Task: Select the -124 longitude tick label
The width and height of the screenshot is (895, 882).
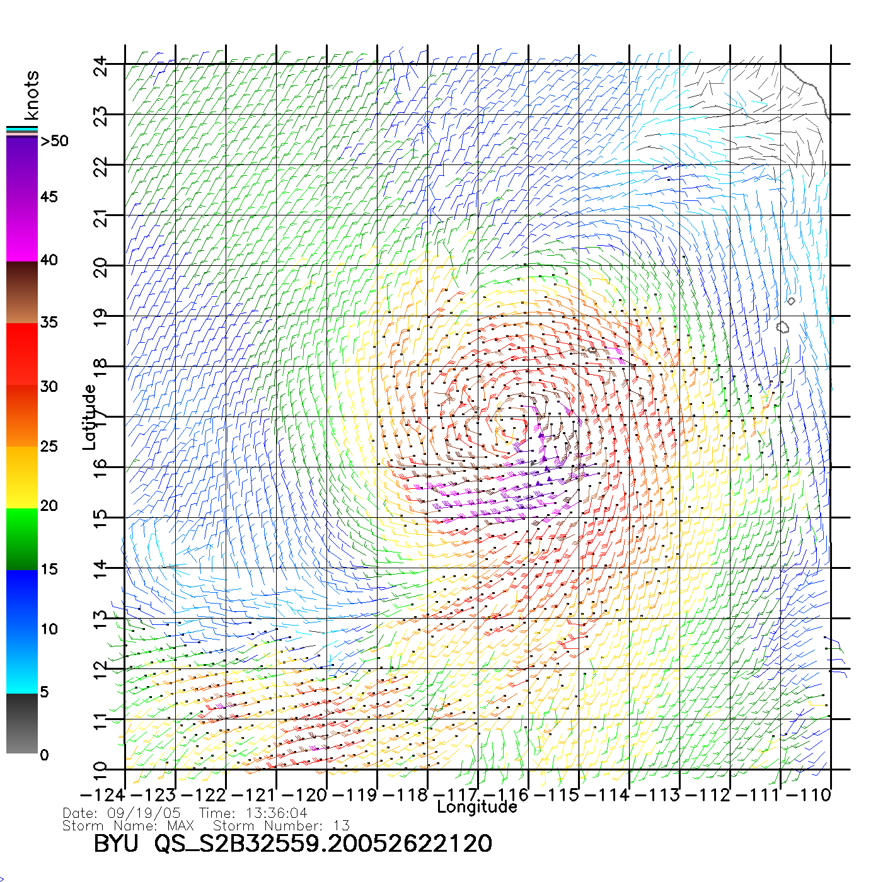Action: (103, 795)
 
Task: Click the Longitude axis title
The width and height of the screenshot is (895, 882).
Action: (477, 807)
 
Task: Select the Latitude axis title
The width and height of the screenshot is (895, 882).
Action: (89, 417)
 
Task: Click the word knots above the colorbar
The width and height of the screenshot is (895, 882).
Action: (32, 96)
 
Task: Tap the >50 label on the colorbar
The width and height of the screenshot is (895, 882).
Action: (55, 141)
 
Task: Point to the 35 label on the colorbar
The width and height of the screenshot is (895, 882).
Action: (49, 323)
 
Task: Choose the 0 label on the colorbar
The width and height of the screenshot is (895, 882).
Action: (44, 755)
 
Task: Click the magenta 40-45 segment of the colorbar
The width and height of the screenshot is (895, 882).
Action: (22, 230)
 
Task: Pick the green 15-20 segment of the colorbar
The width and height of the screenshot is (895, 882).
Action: (22, 539)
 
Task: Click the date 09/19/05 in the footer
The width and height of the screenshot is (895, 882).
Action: (144, 813)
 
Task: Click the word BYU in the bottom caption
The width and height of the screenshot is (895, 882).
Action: (115, 844)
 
